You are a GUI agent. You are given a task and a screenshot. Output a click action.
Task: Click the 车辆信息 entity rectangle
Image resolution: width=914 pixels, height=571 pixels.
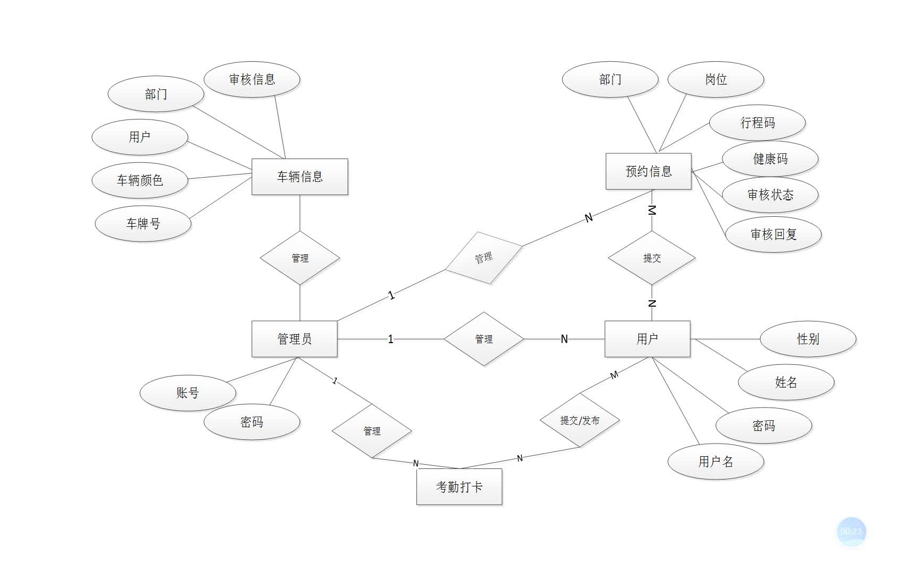[x=299, y=177]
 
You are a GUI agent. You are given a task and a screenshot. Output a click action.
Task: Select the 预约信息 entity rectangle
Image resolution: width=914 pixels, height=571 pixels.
[x=648, y=171]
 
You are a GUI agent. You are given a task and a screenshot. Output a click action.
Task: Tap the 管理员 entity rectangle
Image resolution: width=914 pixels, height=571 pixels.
[x=294, y=339]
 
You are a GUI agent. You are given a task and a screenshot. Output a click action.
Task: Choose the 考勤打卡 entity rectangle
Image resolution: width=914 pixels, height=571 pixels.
[x=459, y=486]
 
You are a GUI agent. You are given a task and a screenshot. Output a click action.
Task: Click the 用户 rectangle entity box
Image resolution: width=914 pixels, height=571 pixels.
[x=647, y=339]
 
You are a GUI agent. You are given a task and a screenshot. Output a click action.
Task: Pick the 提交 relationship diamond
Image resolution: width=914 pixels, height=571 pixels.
[x=652, y=258]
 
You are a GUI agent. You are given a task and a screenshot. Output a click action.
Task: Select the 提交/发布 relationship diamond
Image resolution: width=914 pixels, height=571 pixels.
[x=580, y=420]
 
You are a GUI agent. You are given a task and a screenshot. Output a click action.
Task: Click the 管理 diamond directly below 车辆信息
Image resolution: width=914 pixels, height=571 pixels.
[x=300, y=258]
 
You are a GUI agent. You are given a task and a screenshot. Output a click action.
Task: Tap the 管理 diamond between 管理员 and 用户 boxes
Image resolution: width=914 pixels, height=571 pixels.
[x=483, y=339]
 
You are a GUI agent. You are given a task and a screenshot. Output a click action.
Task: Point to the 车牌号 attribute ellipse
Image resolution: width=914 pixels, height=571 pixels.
[x=143, y=224]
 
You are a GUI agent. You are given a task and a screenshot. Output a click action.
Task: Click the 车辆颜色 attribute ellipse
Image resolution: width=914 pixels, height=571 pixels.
[x=140, y=180]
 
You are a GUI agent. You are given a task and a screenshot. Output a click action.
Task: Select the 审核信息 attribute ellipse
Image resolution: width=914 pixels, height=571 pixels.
[x=252, y=79]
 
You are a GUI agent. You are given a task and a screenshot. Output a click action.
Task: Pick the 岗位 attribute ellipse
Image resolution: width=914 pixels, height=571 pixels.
[x=716, y=79]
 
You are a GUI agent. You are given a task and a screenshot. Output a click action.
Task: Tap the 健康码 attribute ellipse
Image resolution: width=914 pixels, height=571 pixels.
[x=770, y=159]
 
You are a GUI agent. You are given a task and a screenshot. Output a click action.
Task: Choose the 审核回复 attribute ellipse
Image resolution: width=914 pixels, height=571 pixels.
[x=773, y=234]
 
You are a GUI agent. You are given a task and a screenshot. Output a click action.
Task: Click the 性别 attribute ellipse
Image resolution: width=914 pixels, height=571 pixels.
[x=808, y=339]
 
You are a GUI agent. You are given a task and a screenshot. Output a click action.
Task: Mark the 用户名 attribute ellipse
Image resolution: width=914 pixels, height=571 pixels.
[x=716, y=462]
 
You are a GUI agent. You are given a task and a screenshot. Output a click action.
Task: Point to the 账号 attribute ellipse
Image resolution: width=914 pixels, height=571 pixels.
[x=188, y=393]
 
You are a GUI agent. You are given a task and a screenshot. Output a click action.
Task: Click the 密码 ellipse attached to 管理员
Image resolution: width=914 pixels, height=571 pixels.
[x=252, y=422]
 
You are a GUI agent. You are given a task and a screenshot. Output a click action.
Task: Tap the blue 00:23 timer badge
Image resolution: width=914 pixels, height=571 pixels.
[x=851, y=531]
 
